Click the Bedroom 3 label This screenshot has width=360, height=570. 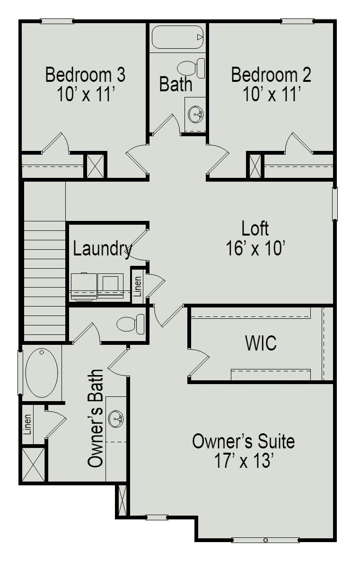pyautogui.click(x=85, y=75)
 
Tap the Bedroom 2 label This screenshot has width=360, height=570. pyautogui.click(x=271, y=75)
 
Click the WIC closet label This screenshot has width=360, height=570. pyautogui.click(x=261, y=344)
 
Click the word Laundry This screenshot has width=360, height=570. pyautogui.click(x=102, y=249)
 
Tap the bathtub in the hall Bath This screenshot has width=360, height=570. pyautogui.click(x=177, y=37)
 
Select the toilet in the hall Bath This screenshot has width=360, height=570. pyautogui.click(x=192, y=68)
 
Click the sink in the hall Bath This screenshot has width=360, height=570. pyautogui.click(x=195, y=114)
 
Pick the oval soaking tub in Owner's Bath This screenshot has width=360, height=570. pyautogui.click(x=42, y=372)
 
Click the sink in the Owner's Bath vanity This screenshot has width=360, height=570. pyautogui.click(x=116, y=419)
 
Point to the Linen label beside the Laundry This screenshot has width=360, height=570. pyautogui.click(x=137, y=286)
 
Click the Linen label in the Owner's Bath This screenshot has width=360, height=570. pyautogui.click(x=27, y=424)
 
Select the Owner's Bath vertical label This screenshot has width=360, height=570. pyautogui.click(x=96, y=419)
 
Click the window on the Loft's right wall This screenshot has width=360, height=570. pyautogui.click(x=334, y=204)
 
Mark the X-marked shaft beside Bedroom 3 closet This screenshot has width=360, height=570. pyautogui.click(x=95, y=166)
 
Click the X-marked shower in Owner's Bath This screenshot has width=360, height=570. pyautogui.click(x=33, y=465)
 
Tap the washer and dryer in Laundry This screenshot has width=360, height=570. pyautogui.click(x=97, y=287)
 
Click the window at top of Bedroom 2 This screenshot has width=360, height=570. pyautogui.click(x=297, y=21)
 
